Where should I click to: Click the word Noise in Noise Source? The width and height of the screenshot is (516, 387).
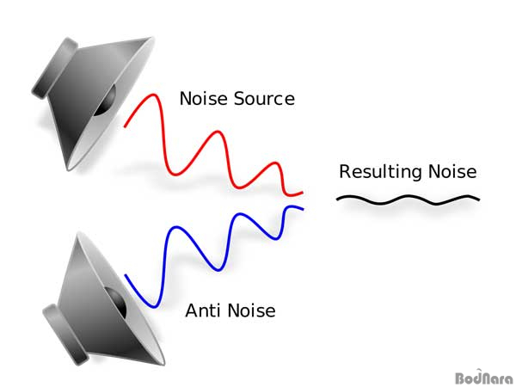[203, 98]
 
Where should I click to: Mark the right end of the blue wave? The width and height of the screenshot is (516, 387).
[302, 208]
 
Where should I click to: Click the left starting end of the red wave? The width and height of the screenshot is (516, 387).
[126, 126]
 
